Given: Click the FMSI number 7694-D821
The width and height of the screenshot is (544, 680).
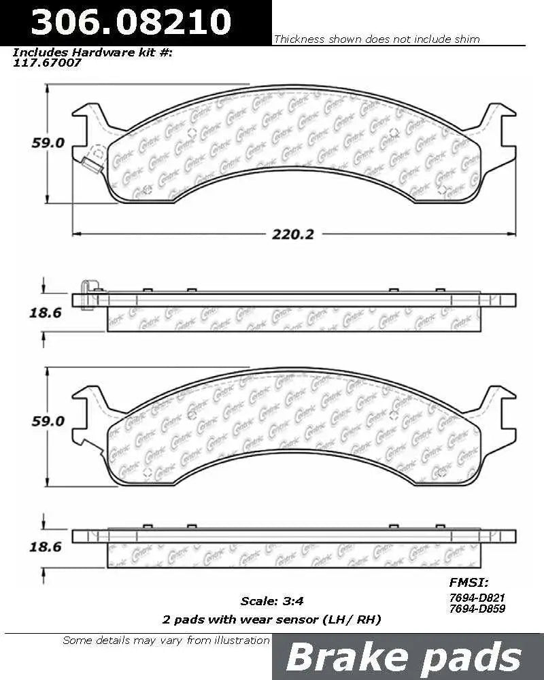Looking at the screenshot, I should click(477, 596).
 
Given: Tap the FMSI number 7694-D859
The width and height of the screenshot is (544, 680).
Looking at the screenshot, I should click(477, 609).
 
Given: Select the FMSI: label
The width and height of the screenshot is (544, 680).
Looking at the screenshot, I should click(469, 582).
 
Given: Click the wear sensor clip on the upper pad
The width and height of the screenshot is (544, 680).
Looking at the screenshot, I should click(88, 163).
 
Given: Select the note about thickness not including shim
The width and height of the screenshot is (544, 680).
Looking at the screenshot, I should click(377, 39).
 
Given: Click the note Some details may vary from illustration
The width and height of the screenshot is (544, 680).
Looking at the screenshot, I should click(166, 640).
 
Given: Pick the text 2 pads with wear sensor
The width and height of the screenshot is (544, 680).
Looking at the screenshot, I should click(271, 619).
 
